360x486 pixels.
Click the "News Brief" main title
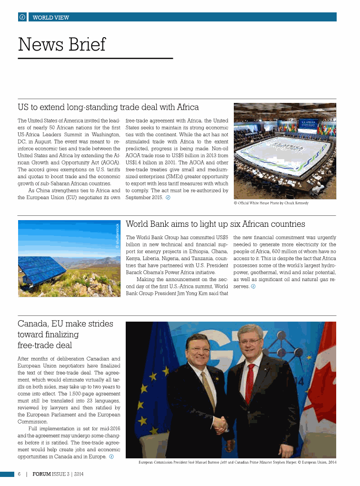click(61, 45)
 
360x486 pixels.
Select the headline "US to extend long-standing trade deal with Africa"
click(108, 107)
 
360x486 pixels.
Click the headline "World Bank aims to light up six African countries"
click(215, 224)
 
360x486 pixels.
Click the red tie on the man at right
click(250, 384)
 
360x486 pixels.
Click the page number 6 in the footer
click(19, 474)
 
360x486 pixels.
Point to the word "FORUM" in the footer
click(42, 474)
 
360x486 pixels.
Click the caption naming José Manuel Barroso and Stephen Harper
click(237, 462)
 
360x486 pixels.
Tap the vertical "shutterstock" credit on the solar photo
click(118, 236)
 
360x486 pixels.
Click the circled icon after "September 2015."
click(168, 198)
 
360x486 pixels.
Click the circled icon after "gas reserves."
click(253, 286)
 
